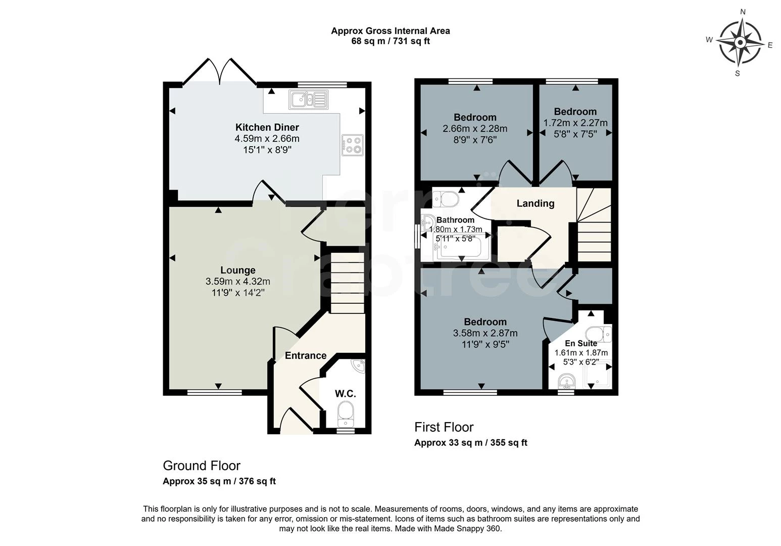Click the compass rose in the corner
coord(740,42)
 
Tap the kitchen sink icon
coord(309,100)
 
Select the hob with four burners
coord(353,145)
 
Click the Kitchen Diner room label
coord(267,127)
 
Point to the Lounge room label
coord(238,270)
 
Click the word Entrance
coord(306,355)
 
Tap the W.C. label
coord(345,394)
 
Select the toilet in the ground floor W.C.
coord(346,414)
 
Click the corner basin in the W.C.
coord(359,366)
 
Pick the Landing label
coord(535,203)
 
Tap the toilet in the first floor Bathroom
coord(446,199)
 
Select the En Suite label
coord(581,343)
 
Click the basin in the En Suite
coord(567,382)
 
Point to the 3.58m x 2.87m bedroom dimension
coord(485,333)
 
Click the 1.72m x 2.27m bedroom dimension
coord(575,123)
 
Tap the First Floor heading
coord(444,427)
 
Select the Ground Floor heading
coord(202,466)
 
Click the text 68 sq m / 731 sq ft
coord(390,41)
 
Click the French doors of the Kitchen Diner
coord(220,71)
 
